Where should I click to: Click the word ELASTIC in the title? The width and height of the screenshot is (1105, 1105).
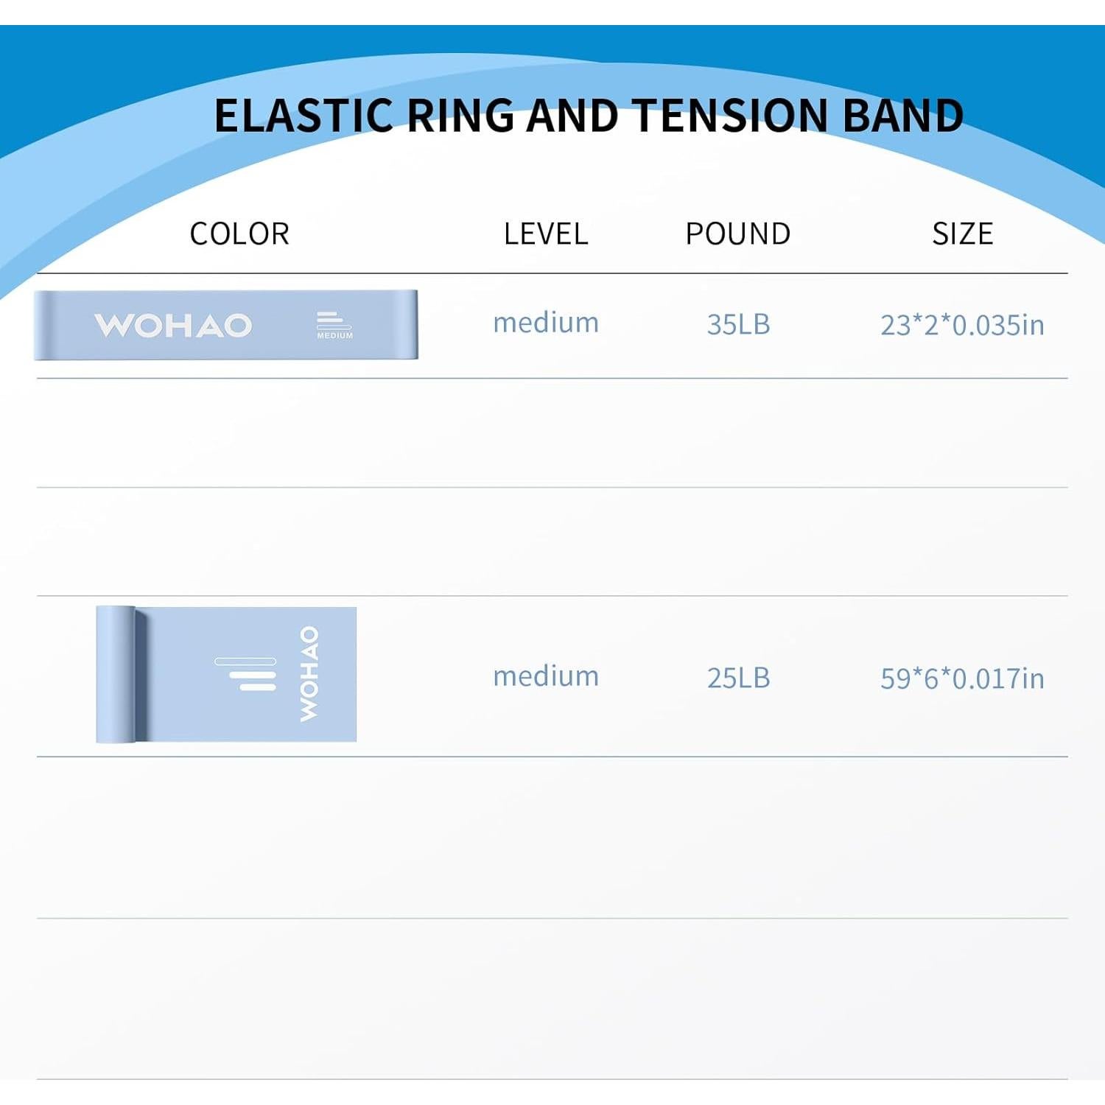pyautogui.click(x=303, y=116)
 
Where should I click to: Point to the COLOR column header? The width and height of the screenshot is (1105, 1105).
pyautogui.click(x=239, y=234)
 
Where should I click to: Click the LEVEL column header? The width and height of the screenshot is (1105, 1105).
pyautogui.click(x=546, y=234)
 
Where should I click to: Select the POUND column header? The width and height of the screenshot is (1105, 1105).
pyautogui.click(x=738, y=234)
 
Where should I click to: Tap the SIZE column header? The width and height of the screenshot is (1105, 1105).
pyautogui.click(x=962, y=234)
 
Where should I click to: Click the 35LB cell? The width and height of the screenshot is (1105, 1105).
pyautogui.click(x=738, y=325)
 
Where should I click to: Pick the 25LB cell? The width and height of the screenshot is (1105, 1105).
pyautogui.click(x=738, y=678)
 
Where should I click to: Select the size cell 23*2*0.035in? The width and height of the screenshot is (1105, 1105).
pyautogui.click(x=962, y=325)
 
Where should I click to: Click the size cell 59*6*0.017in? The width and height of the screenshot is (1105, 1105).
pyautogui.click(x=962, y=678)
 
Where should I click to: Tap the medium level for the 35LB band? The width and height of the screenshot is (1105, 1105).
pyautogui.click(x=546, y=323)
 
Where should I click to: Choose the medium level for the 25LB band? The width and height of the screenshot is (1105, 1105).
pyautogui.click(x=546, y=677)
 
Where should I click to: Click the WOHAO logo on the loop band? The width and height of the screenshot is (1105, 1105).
pyautogui.click(x=173, y=326)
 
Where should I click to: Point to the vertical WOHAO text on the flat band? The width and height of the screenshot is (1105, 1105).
pyautogui.click(x=309, y=673)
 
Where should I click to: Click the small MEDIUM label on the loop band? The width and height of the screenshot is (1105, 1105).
pyautogui.click(x=334, y=336)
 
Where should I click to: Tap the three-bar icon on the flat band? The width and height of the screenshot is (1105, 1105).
pyautogui.click(x=246, y=674)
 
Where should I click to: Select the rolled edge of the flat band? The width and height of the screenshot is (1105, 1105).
pyautogui.click(x=116, y=674)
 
